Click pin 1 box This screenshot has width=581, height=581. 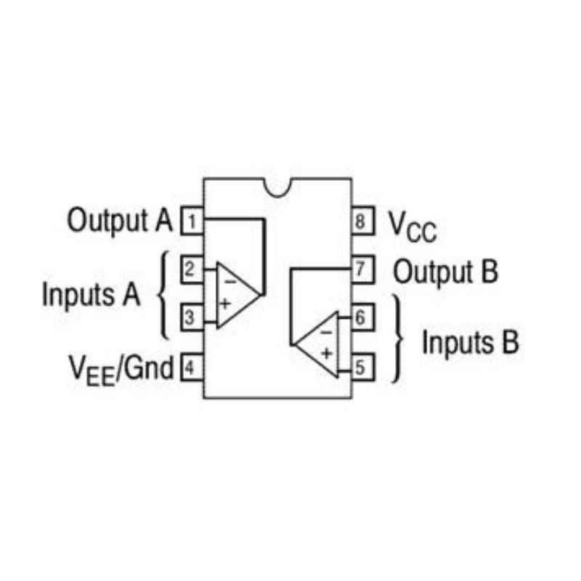point(192,222)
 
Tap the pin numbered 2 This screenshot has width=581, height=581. point(192,269)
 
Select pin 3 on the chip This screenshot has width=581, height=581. point(192,317)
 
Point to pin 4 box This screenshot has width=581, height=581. point(192,367)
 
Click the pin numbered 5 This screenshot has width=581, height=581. point(362,367)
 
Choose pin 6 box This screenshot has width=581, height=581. point(362,317)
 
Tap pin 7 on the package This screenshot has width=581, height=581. point(362,269)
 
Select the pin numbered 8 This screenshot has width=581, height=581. point(362,222)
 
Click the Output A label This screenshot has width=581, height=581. point(120,221)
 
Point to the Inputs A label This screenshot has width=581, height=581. point(92,295)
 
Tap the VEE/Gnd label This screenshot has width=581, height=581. point(121,370)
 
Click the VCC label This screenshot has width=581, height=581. point(413,227)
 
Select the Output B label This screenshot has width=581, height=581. point(445,272)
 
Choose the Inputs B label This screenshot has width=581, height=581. point(471,342)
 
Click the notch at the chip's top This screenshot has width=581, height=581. point(278,187)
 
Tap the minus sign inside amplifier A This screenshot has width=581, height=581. point(230,282)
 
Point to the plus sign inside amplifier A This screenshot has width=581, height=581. point(225,304)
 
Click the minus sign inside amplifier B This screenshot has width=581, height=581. point(326,333)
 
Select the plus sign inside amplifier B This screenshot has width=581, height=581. point(326,354)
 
